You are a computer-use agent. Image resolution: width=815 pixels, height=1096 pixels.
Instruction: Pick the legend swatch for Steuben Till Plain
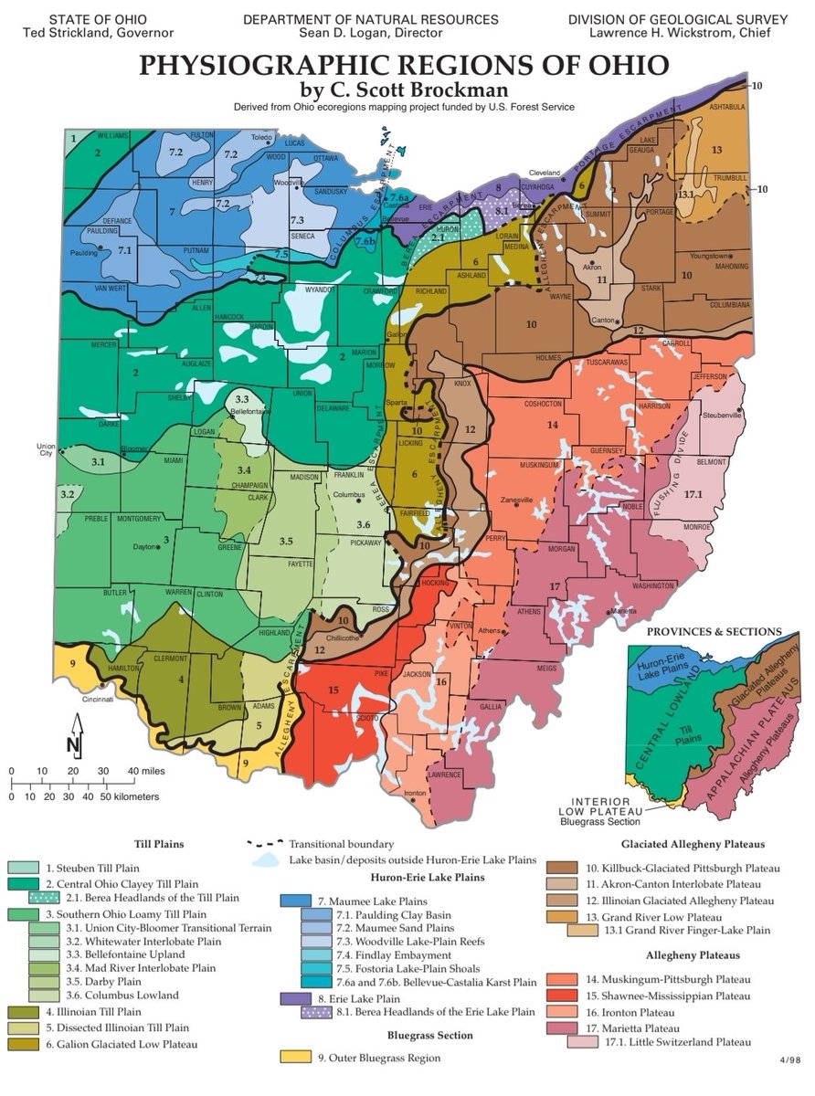pos(23,868)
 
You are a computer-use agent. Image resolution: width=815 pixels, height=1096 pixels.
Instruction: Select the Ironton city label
pos(416,793)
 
